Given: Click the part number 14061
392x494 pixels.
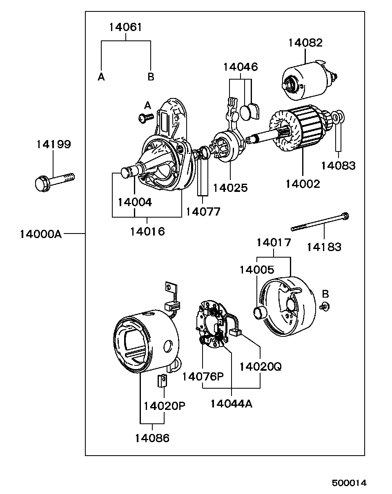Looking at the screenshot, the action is click(125, 27).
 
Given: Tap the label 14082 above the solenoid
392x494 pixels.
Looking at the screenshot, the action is click(305, 43).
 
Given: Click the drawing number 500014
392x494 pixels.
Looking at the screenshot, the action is click(349, 483).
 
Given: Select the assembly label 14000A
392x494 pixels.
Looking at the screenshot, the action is click(41, 234).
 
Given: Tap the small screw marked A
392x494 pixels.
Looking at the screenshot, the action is click(146, 118).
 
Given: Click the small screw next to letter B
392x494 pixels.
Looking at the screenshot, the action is click(325, 307).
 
